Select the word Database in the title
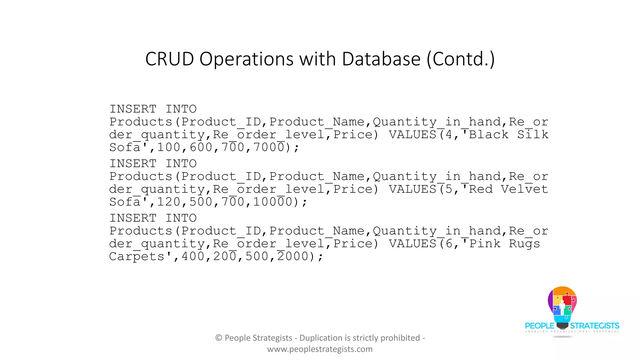pos(381,59)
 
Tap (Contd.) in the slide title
pos(461,59)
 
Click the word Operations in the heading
pos(246,60)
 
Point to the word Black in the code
pos(489,135)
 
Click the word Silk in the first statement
pos(533,135)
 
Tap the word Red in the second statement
pos(481,189)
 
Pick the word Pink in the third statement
pos(485,244)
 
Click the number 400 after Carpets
pos(193,257)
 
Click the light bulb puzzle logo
pos(562,306)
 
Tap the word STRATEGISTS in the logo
pos(594,326)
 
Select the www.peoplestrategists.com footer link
pos(320,349)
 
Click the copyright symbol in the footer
pos(219,338)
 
